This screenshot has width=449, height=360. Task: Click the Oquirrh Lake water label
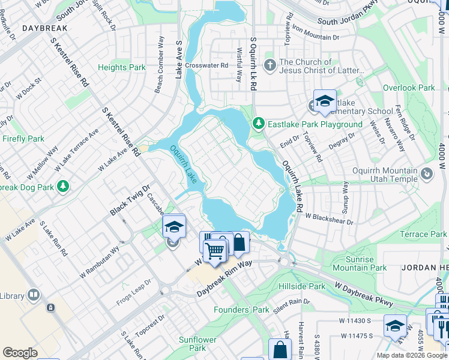[x=183, y=166]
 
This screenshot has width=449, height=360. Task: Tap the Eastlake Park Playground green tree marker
[x=259, y=124]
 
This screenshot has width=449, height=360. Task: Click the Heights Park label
[x=122, y=68]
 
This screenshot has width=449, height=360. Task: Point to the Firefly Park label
[x=23, y=139]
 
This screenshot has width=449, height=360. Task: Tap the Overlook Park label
[x=409, y=88]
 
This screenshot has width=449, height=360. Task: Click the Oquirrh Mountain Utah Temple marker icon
[x=427, y=174]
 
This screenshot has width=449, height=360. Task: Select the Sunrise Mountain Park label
[x=360, y=263]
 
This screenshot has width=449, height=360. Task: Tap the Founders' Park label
[x=242, y=310]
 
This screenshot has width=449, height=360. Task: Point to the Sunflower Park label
[x=197, y=344]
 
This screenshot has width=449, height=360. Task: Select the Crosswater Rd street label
[x=206, y=65]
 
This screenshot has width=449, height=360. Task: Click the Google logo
[x=20, y=353]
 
